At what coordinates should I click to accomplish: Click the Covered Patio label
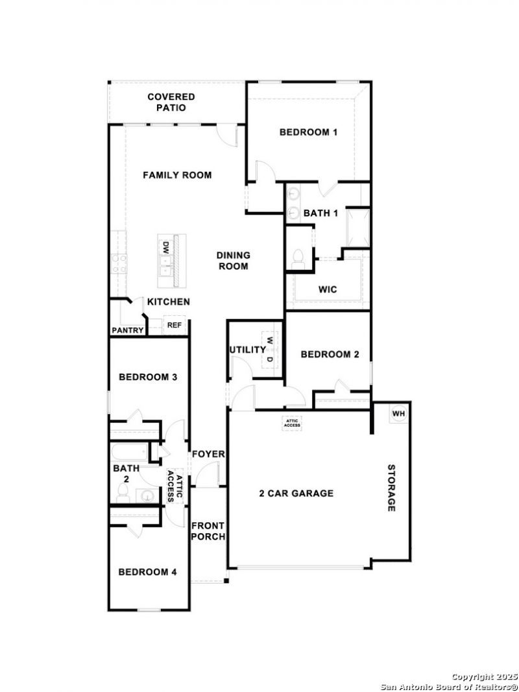tap(171, 102)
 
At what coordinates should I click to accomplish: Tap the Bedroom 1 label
tap(309, 132)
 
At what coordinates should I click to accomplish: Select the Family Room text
tap(177, 175)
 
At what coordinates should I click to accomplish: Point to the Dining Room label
tap(234, 260)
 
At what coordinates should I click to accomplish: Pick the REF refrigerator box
tap(175, 326)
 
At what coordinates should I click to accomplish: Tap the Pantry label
tap(128, 330)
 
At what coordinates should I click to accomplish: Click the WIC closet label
tap(328, 289)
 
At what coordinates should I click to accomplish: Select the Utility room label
tap(248, 350)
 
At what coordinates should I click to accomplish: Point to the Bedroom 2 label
tap(330, 354)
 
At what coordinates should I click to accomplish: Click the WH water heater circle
tap(398, 414)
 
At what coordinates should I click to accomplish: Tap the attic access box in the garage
tap(292, 424)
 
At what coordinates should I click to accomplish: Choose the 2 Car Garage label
tap(296, 494)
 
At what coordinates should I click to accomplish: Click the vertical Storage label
tap(391, 488)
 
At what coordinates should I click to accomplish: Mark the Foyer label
tap(208, 454)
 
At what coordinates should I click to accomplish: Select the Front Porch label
tap(208, 531)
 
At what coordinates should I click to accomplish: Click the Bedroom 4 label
tap(148, 572)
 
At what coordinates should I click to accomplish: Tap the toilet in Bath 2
tap(123, 494)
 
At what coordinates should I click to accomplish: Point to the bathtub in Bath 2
tap(129, 453)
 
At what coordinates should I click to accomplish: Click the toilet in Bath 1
tap(298, 257)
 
